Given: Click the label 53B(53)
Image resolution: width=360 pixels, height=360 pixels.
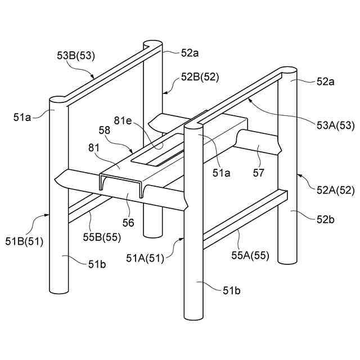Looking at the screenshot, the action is (x=76, y=55).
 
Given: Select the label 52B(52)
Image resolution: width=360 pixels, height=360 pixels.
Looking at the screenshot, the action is (x=200, y=78).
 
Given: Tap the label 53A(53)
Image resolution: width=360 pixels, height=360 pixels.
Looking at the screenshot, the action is (x=335, y=125).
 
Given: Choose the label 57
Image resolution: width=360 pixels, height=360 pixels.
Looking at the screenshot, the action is (x=258, y=173).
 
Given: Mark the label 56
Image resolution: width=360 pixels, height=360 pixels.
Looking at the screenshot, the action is (x=128, y=223).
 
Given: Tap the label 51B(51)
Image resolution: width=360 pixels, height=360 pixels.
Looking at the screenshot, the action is (x=24, y=242).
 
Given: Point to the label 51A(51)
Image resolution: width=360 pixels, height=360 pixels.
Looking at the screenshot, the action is (x=145, y=258).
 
